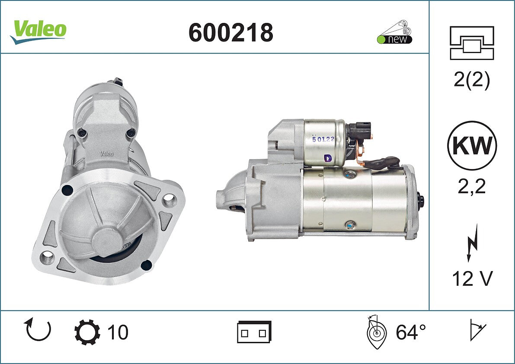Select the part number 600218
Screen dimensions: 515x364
[x=231, y=32]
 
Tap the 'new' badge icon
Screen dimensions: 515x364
[x=394, y=32]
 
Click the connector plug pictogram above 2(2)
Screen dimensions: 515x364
[x=472, y=43]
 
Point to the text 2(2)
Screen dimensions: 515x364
[x=472, y=80]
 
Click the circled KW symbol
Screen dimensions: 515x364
[x=472, y=146]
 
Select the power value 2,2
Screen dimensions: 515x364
[x=472, y=186]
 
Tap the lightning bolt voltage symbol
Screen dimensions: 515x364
[x=472, y=243]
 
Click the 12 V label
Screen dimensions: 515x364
[x=472, y=279]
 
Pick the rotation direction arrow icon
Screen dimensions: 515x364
[x=38, y=329]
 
